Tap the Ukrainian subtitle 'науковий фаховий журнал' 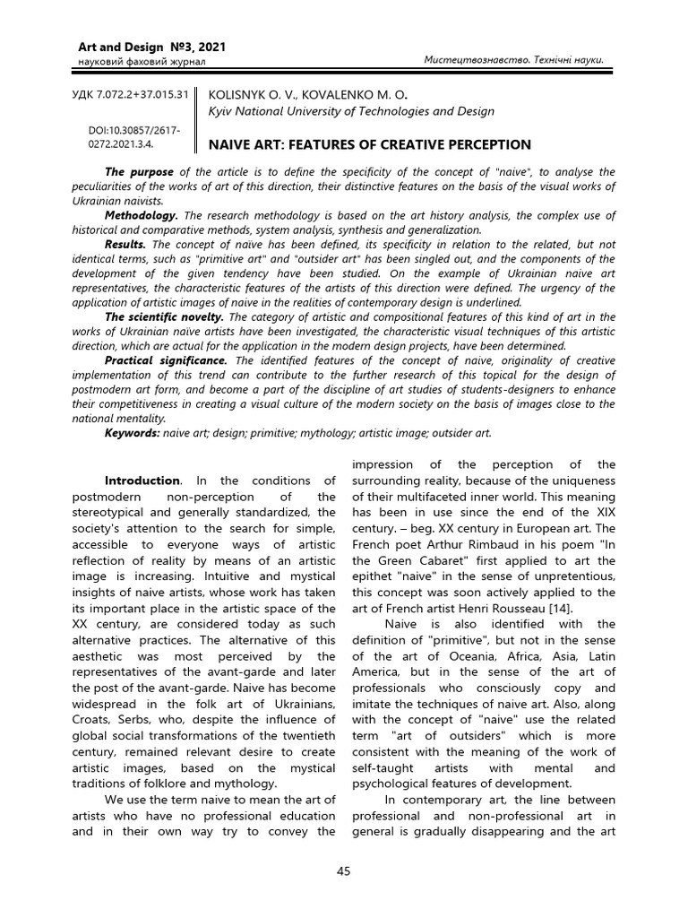[x=130, y=61]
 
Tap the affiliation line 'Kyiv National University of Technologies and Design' [x=350, y=111]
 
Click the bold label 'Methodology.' [x=142, y=215]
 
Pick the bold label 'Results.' [x=126, y=244]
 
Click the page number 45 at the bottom [x=344, y=871]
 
